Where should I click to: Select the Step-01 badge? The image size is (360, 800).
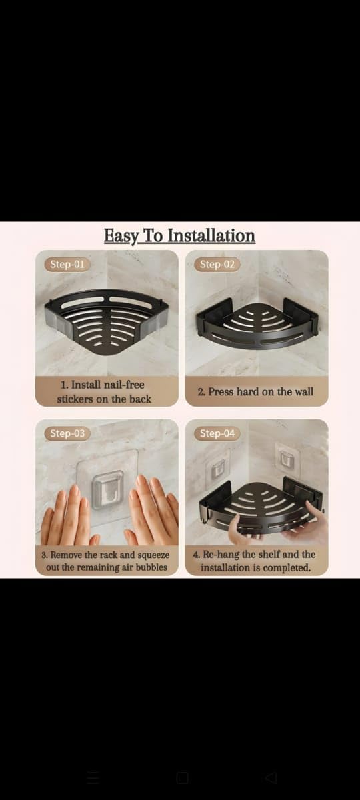(67, 264)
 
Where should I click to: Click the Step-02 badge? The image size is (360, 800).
(217, 264)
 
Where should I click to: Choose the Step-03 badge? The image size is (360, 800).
(67, 433)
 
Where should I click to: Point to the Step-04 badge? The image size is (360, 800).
(217, 433)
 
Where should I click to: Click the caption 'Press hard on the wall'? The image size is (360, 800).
(256, 392)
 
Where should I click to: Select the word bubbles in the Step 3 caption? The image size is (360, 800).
(150, 567)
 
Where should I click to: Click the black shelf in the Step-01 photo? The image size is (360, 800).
(106, 319)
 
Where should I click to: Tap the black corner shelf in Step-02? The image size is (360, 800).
(257, 323)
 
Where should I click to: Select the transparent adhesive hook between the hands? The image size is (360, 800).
(107, 489)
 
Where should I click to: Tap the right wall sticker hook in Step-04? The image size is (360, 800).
(288, 459)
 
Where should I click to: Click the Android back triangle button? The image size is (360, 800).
(271, 777)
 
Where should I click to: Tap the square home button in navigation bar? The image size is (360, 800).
(182, 777)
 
